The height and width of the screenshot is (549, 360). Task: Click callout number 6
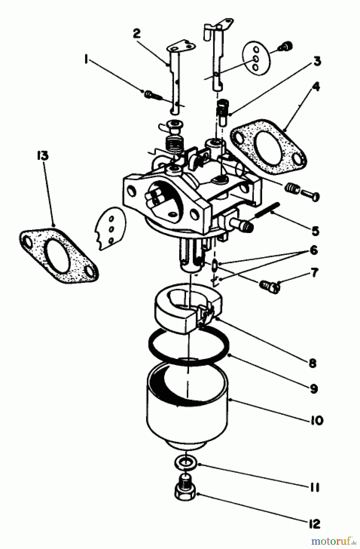313,251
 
